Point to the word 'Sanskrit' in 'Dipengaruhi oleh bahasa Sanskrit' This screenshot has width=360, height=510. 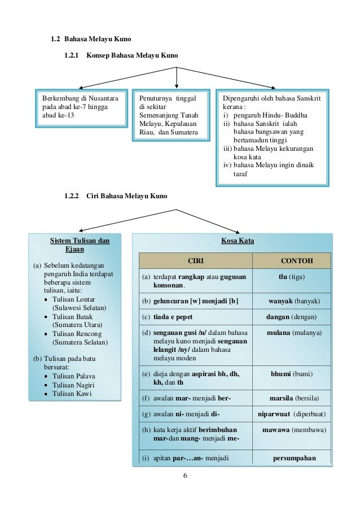tap(308, 98)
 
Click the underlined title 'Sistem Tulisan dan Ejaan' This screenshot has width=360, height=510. tap(80, 245)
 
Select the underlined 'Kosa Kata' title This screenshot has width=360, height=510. tap(238, 241)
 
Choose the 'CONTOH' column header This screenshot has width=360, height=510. tap(296, 261)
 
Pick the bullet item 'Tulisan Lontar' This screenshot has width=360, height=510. tap(73, 299)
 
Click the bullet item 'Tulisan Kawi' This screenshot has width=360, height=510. tap(71, 394)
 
